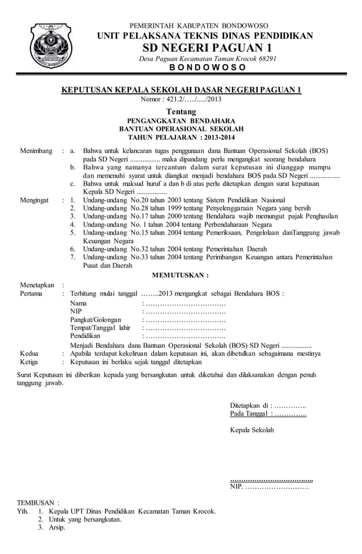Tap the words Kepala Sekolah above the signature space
tap(251, 430)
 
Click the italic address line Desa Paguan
tap(207, 59)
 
